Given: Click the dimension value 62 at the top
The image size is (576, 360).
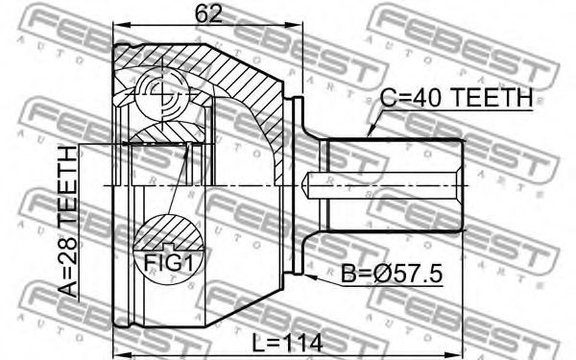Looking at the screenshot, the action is point(208,14).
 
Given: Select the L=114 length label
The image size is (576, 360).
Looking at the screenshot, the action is point(287,344).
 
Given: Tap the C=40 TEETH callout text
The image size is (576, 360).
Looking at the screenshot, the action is point(456,98).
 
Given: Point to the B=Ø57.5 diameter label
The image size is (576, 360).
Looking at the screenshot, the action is point(392,274).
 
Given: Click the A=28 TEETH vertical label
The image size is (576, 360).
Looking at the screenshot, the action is point(68,222).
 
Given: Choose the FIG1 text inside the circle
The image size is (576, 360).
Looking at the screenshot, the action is point(168,263).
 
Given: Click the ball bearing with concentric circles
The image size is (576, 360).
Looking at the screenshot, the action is point(162,94).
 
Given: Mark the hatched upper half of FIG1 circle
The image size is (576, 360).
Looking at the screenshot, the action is point(168,232).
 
